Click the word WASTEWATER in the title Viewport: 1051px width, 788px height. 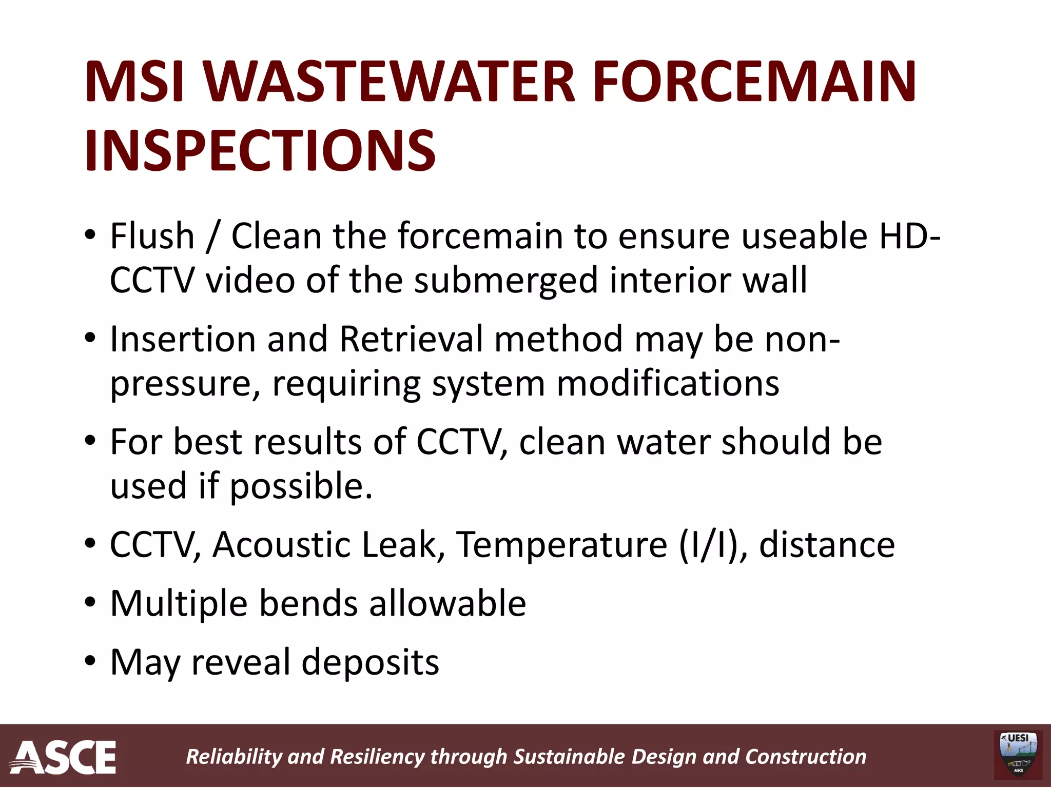click(x=390, y=82)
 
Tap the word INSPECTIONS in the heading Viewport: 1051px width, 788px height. click(x=260, y=151)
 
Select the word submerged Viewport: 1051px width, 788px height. click(x=506, y=281)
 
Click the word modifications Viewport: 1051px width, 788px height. click(x=668, y=383)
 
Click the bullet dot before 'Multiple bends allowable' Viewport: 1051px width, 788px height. click(x=90, y=603)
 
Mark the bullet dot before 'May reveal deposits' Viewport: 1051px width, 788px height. click(x=90, y=662)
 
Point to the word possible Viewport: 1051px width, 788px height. click(x=300, y=486)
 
